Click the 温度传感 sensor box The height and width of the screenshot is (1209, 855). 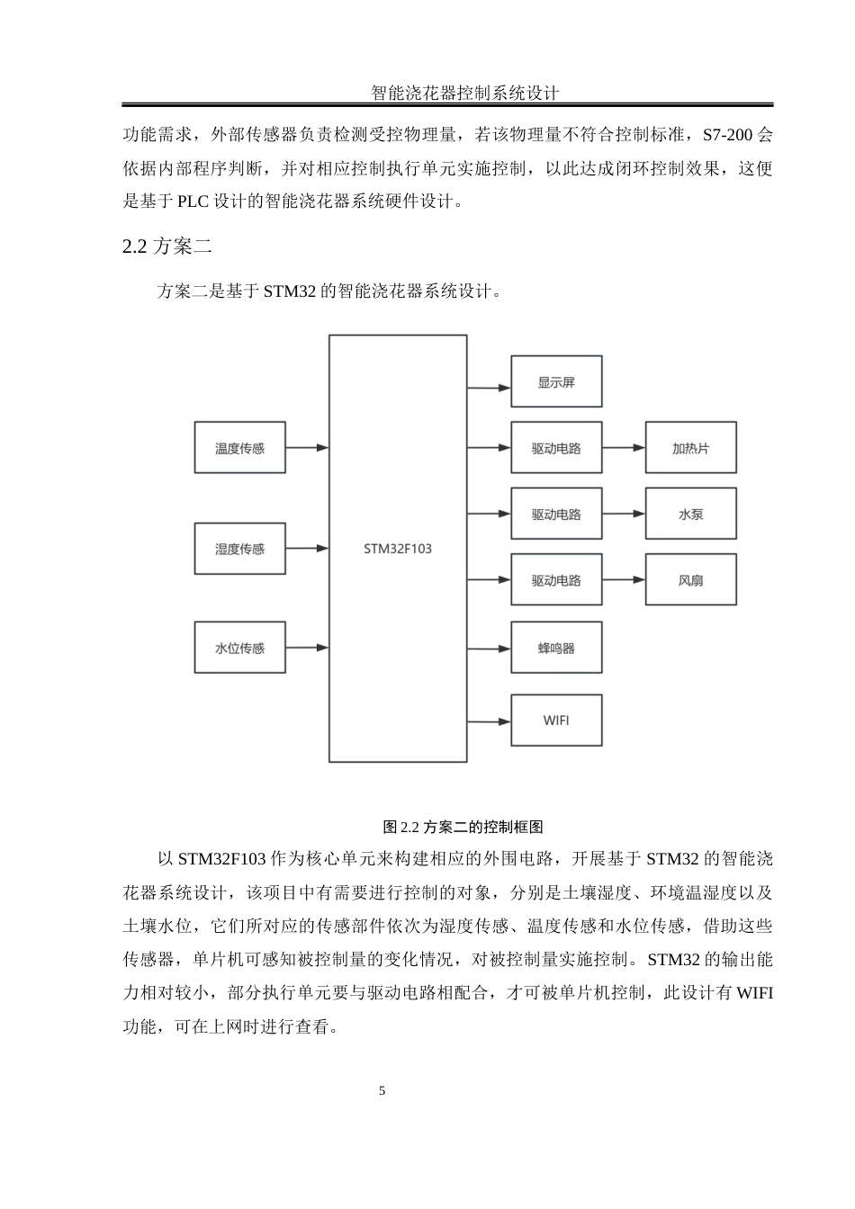tap(239, 448)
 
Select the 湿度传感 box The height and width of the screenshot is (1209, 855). tap(239, 549)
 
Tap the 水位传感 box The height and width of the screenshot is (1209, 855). tap(239, 648)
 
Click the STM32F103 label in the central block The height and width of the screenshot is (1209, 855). tap(397, 549)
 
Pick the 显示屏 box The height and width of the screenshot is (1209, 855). tap(556, 382)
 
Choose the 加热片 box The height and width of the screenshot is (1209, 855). tap(690, 448)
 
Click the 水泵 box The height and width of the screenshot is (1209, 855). tap(690, 515)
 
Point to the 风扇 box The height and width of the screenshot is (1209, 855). tap(690, 580)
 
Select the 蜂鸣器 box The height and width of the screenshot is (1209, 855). tap(556, 648)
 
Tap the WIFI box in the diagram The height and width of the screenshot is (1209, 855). tap(556, 721)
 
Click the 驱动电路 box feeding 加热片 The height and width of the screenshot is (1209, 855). tap(556, 448)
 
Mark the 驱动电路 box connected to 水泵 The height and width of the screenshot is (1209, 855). tap(556, 515)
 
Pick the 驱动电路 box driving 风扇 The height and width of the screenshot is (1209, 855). tap(556, 580)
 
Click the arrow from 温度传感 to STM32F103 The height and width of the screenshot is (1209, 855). tap(307, 447)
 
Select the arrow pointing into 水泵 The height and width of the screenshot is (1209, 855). tap(624, 514)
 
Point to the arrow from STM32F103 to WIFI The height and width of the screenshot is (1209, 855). tap(489, 721)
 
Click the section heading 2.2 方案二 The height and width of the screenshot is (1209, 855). tap(167, 246)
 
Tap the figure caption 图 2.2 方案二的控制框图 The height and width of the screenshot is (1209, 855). tap(463, 827)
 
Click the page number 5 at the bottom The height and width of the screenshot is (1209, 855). tap(382, 1091)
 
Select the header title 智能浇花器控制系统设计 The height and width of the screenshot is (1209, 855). tap(465, 93)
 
